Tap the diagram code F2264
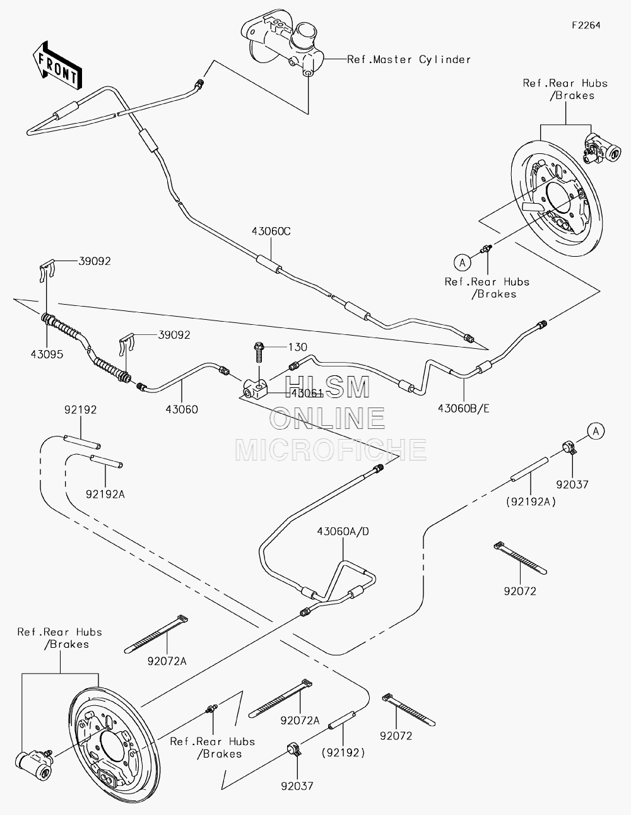point(586,25)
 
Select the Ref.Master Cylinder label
point(408,59)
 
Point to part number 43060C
point(271,231)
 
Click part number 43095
point(47,354)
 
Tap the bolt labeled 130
point(259,352)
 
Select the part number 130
point(297,347)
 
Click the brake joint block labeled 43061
point(255,389)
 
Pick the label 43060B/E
point(464,408)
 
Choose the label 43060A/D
point(343,531)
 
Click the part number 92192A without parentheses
point(105,495)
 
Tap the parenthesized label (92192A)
point(531,501)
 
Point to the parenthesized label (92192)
point(343,753)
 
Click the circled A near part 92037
point(596,431)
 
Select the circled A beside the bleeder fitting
point(462,262)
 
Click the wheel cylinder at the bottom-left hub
point(34,764)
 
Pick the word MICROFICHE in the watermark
point(331,450)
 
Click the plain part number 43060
point(182,409)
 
